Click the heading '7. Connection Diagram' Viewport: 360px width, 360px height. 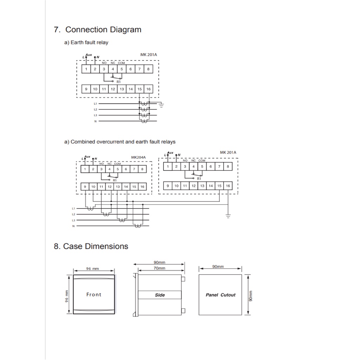(97, 30)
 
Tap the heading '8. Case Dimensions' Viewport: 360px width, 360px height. (91, 246)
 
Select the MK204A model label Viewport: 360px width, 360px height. (138, 157)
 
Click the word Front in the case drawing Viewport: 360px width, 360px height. (94, 295)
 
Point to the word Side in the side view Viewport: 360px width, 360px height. (160, 295)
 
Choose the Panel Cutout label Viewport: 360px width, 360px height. (220, 295)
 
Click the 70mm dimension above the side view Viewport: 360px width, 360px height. (159, 268)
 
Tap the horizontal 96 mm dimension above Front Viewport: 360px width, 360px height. (92, 269)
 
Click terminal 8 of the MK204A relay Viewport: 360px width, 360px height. (142, 169)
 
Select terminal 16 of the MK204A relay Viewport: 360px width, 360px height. (142, 187)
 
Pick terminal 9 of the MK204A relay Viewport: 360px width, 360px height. (85, 187)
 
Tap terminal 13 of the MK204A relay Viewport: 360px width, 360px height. (118, 187)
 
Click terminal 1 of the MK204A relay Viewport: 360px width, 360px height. (85, 169)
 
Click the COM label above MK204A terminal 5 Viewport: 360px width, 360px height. (117, 164)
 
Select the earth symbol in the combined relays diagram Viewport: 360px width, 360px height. (228, 216)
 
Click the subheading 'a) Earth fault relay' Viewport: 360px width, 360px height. (86, 43)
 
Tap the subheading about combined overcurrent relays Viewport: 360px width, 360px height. (120, 142)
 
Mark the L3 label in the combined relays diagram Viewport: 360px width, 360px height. (73, 220)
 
